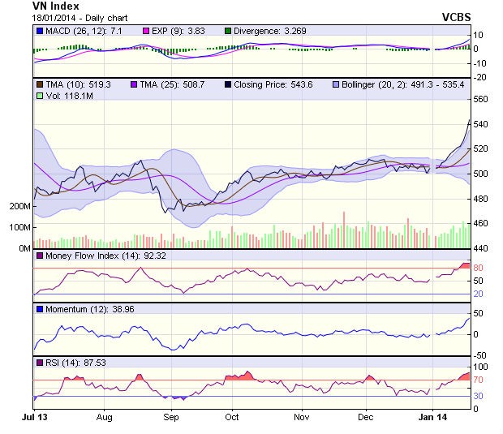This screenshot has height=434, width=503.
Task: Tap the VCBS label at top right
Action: point(456,17)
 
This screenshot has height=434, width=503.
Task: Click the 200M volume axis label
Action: point(19,207)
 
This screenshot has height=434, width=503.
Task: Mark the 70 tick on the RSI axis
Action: point(478,380)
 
